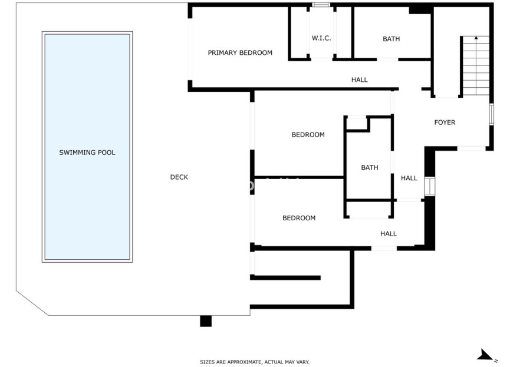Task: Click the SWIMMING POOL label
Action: (87, 153)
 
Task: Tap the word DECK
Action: (179, 177)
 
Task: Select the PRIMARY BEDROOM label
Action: (240, 53)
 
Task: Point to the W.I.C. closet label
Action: (321, 39)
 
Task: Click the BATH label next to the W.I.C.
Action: (391, 39)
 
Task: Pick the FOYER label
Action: (445, 123)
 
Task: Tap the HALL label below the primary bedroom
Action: (359, 80)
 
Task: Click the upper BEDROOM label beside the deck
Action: (308, 135)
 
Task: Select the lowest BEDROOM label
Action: (299, 218)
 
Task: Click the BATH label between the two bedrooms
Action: (370, 168)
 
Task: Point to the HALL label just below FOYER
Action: (409, 178)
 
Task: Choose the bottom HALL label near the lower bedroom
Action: (389, 234)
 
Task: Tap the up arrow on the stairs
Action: (475, 41)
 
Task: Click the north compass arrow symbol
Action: (485, 355)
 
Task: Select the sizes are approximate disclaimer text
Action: (255, 362)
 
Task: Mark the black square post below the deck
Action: (205, 321)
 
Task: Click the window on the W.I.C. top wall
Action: (321, 5)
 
